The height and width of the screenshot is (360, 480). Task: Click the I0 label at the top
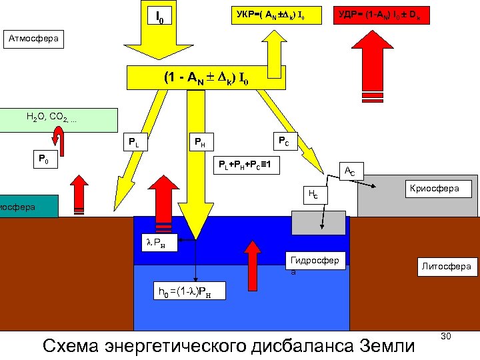159,15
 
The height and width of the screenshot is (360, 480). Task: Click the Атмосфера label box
33,39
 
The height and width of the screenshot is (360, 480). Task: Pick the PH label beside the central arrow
200,141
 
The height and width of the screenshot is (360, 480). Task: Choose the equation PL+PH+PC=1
246,165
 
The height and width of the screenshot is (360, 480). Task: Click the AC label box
348,172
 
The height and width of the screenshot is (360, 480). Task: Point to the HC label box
311,194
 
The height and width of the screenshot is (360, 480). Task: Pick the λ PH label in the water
160,243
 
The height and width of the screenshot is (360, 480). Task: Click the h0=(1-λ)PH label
189,291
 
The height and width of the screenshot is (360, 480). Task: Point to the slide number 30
446,337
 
